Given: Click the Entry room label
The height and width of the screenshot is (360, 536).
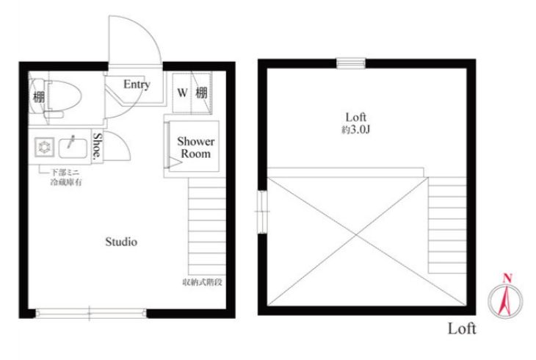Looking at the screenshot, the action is coord(137,84).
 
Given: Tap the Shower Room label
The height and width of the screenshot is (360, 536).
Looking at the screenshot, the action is coord(195,148).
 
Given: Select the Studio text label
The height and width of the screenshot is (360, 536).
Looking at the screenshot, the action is coord(121,242).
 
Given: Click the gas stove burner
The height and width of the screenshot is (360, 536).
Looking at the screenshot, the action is coord(45,148).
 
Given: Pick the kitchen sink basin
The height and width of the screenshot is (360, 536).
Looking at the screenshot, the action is coord(73,148).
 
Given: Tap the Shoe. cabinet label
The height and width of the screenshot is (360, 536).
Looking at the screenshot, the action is coord(98,146).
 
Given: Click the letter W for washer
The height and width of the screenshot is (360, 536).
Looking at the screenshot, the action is coord(182,93).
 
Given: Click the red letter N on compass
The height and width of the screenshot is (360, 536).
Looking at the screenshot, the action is coord(507,278).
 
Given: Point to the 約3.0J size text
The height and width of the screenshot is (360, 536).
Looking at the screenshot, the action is coord(356,130).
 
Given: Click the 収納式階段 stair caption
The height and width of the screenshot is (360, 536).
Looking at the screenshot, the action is coord(203,282).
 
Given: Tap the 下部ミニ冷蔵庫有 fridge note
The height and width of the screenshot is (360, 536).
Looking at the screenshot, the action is coord(66,177).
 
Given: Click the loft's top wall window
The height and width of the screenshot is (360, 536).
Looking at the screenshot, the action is coord(351,63).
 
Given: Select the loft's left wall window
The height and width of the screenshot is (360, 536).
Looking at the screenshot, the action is coord(262,212).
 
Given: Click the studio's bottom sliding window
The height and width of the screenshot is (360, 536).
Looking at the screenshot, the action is coord(91,313).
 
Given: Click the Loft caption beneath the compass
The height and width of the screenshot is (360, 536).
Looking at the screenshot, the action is coord(462,328).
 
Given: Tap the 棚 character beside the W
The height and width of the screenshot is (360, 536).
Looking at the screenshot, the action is coord(201,93).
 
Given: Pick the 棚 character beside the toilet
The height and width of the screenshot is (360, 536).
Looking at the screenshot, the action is coord(39,97).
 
